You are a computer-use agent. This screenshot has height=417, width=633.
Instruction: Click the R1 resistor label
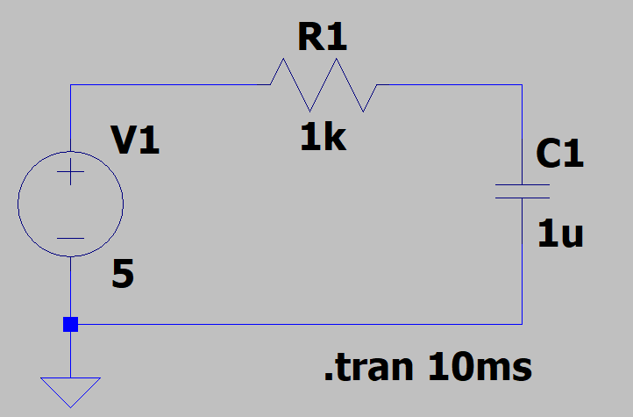[x=323, y=38]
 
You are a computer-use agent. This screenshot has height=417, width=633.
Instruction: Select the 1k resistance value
[x=323, y=138]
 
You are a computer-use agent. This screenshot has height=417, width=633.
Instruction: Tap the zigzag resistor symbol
[x=323, y=85]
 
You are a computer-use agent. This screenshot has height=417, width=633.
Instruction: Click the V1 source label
[x=135, y=140]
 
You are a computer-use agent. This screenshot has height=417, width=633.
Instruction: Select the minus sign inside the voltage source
[x=70, y=238]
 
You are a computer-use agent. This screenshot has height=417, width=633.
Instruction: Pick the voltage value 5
[x=124, y=277]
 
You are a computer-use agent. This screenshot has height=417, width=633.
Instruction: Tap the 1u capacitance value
[x=560, y=234]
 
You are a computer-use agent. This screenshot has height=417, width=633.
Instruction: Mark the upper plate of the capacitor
[x=523, y=185]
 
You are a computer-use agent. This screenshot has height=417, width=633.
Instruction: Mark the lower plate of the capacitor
[x=523, y=198]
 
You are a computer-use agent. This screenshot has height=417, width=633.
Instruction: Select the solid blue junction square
[x=70, y=324]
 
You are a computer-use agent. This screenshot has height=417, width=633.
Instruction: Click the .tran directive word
[x=368, y=368]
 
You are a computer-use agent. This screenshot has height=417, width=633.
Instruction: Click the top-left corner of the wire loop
[x=70, y=85]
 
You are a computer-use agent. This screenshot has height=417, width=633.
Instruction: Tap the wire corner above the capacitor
[x=523, y=85]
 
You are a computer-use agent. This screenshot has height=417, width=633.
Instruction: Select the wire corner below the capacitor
[x=523, y=324]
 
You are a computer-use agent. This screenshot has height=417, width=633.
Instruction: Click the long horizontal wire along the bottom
[x=298, y=324]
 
